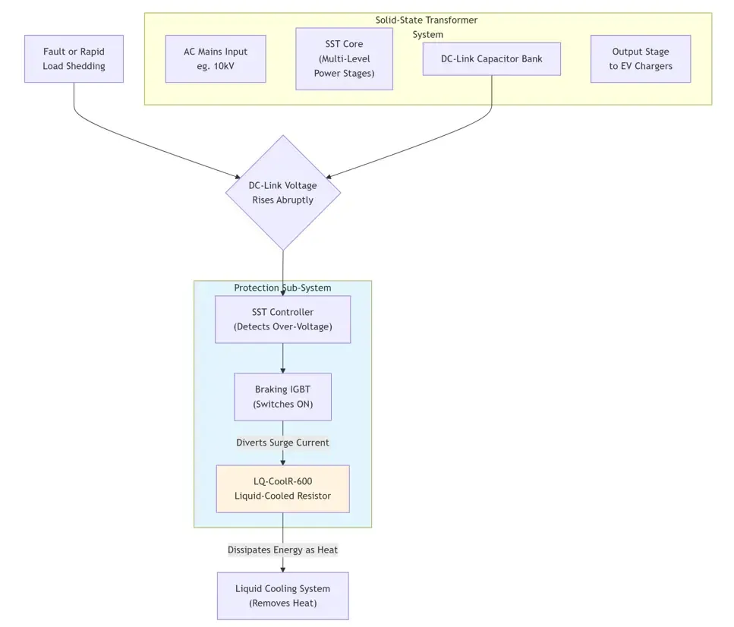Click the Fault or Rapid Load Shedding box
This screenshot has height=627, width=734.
[x=74, y=58]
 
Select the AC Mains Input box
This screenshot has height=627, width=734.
[x=216, y=58]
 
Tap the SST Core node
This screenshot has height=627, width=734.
[x=344, y=59]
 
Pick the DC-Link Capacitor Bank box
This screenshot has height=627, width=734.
[x=491, y=58]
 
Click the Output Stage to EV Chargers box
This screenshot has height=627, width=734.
[x=640, y=58]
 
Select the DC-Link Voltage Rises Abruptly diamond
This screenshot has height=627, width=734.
[x=283, y=193]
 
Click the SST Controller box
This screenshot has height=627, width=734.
[x=282, y=320]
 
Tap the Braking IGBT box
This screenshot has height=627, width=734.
[x=282, y=397]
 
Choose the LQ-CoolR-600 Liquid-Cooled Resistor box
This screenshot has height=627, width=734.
[x=282, y=489]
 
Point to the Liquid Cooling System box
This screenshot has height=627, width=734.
[x=282, y=596]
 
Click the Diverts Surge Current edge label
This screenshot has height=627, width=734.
[x=282, y=443]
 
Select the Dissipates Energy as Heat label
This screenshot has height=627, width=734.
[x=282, y=550]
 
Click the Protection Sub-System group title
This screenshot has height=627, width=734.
[x=282, y=288]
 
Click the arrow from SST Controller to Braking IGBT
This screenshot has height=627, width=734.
[x=283, y=358]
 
